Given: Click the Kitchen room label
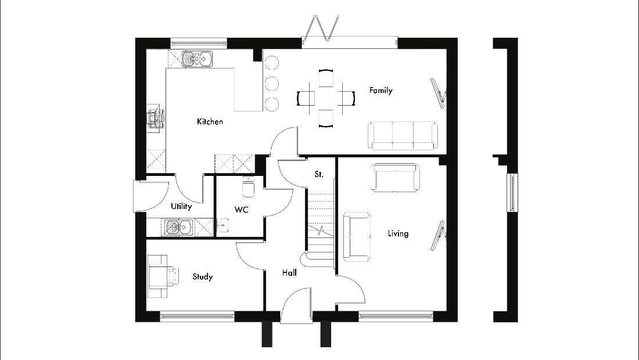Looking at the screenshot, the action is click(210, 121).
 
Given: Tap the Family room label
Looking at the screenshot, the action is click(380, 91).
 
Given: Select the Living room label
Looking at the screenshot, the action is click(398, 233).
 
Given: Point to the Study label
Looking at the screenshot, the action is click(203, 277).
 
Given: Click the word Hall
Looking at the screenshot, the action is click(289, 273).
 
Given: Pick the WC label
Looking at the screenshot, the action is click(241, 210).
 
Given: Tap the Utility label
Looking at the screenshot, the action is click(181, 206).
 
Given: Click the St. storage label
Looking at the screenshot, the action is click(319, 174).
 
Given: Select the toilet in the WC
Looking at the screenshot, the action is click(248, 187).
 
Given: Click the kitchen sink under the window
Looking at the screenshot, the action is click(197, 59).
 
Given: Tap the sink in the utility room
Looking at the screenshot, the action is click(178, 228).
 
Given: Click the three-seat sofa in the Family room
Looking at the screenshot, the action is click(403, 135).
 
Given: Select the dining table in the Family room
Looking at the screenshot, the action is click(326, 98).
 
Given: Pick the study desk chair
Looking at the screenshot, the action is click(172, 276).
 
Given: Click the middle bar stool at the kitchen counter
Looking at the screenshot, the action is click(271, 84).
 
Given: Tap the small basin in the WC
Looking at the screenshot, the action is click(223, 225).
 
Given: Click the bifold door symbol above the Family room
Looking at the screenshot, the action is click(326, 28).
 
